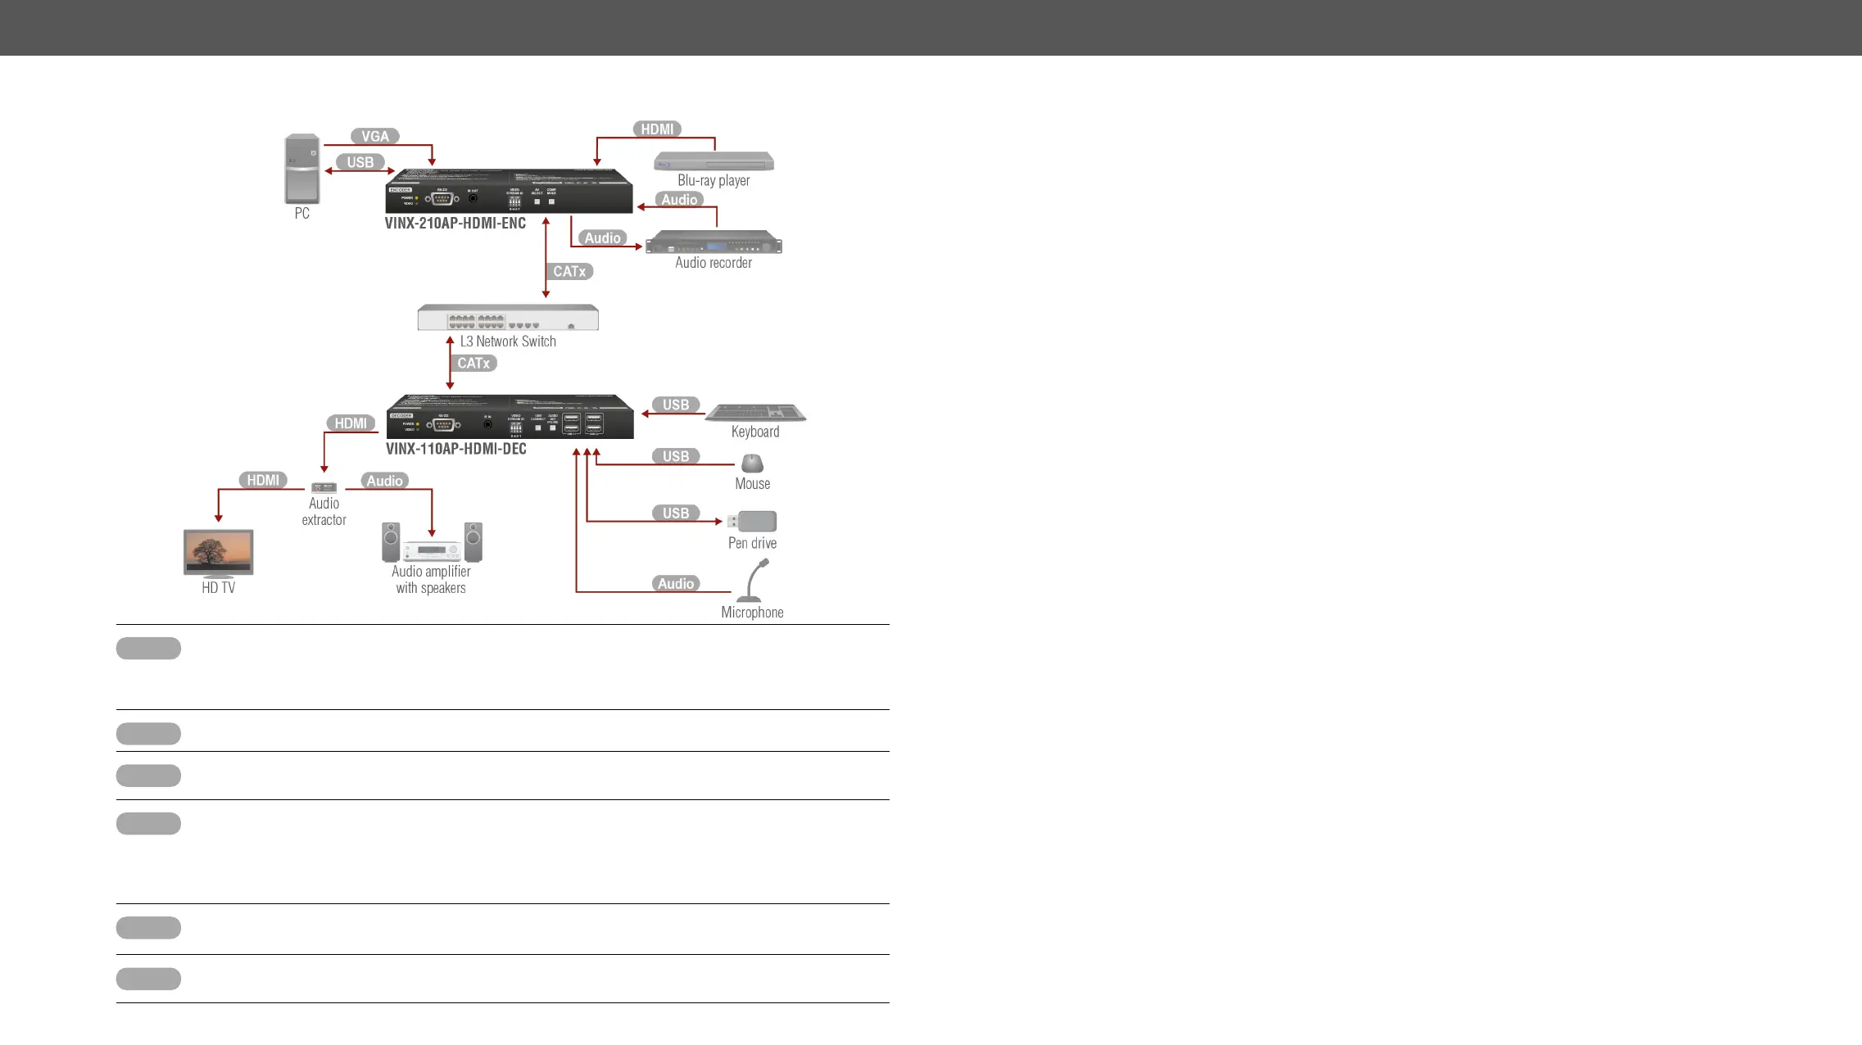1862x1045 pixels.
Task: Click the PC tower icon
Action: (302, 169)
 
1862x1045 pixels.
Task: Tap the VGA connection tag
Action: (375, 137)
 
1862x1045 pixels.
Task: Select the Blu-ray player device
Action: (714, 161)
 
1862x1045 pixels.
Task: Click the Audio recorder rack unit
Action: (714, 243)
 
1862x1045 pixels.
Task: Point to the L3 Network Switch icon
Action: (508, 318)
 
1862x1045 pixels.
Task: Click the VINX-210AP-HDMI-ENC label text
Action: (455, 223)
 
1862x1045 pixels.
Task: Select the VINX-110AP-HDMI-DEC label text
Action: (456, 449)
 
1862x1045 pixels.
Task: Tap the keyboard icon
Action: (755, 412)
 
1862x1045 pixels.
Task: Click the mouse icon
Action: (752, 464)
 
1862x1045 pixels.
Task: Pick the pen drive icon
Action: (753, 522)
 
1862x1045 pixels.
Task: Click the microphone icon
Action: (753, 580)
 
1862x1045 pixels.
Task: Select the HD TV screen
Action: (219, 552)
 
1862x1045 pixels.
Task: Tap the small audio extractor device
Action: (324, 487)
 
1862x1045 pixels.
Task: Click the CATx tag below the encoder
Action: (569, 271)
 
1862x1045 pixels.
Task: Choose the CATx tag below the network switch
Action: (473, 363)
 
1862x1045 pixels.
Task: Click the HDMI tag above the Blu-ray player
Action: (657, 129)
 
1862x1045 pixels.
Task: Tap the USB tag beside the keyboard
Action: (676, 405)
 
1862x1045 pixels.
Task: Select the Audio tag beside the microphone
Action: (676, 583)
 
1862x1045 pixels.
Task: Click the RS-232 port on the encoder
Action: (442, 197)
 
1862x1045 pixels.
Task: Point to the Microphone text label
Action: (752, 613)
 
